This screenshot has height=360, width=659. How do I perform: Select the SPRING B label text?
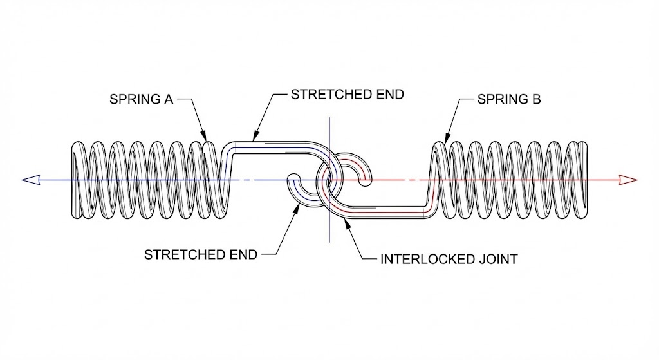click(509, 100)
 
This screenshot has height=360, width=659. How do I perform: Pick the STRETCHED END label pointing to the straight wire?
click(347, 94)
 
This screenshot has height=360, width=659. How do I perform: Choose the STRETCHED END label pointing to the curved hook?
click(200, 254)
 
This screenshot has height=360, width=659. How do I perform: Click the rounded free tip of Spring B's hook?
click(366, 183)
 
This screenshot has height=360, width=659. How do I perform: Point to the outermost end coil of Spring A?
click(74, 180)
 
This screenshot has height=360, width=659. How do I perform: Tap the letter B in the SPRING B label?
click(537, 100)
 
